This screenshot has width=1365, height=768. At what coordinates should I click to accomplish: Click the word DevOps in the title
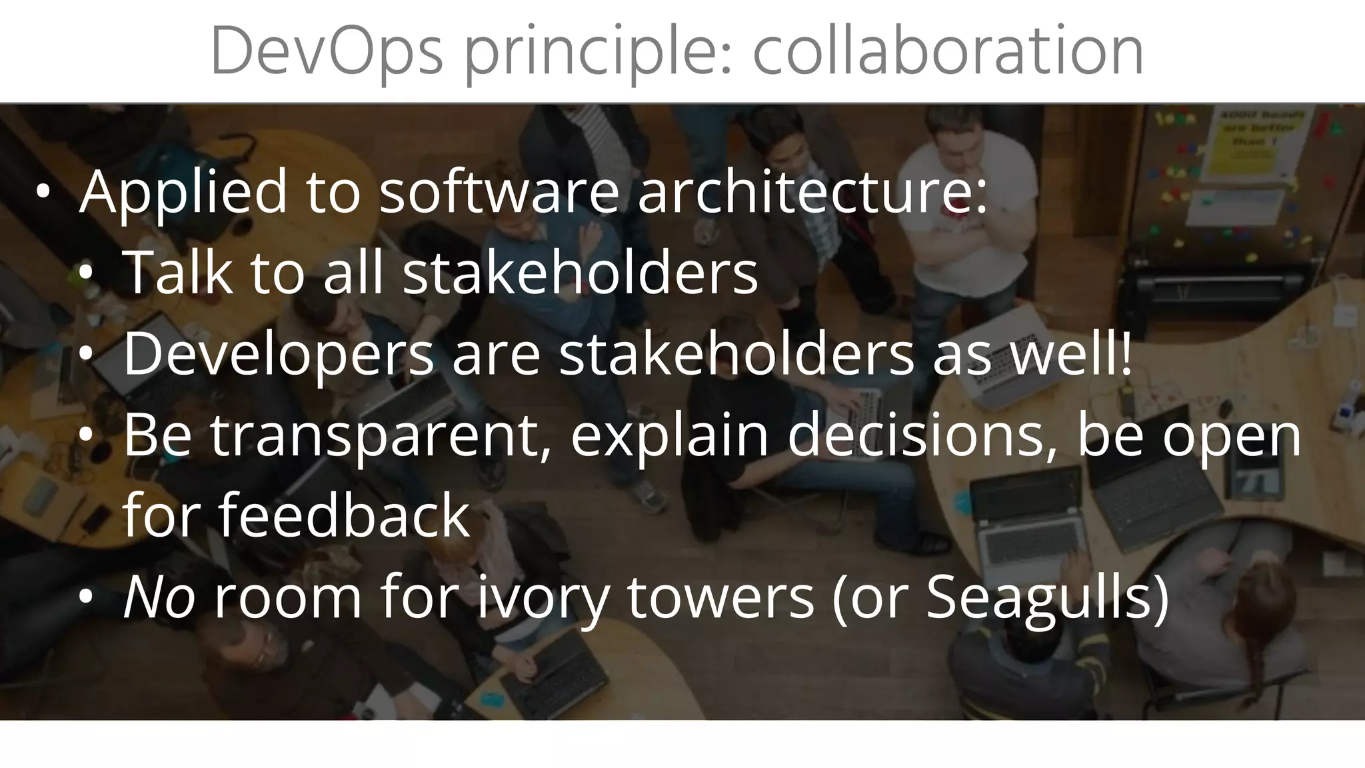[326, 52]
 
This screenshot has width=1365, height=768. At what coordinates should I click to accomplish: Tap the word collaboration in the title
[948, 52]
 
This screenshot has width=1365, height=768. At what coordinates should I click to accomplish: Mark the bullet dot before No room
[86, 597]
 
